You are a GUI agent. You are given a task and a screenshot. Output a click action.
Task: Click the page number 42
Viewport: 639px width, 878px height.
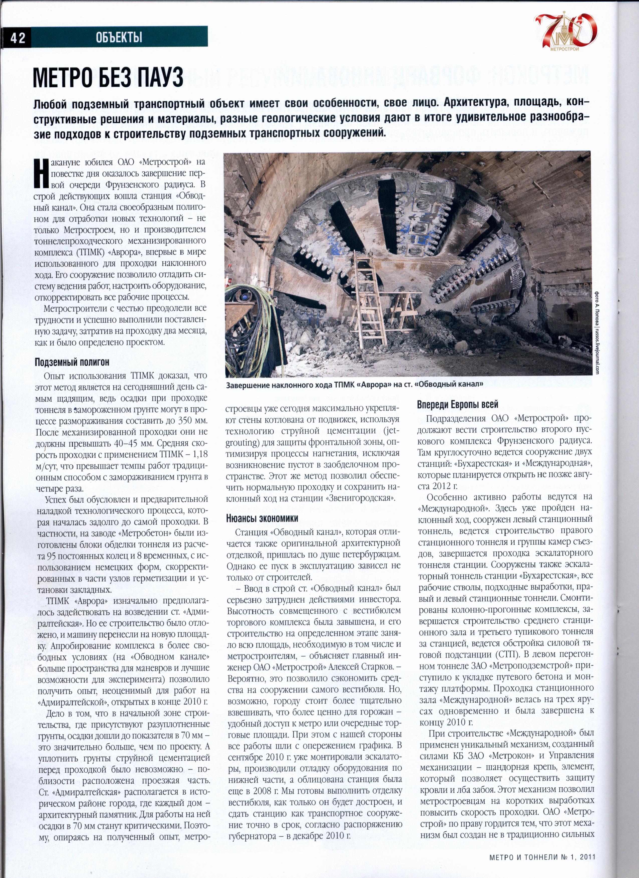[x=18, y=38]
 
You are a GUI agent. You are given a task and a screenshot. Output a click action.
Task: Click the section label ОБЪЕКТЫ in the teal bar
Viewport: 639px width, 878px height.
[x=119, y=38]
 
